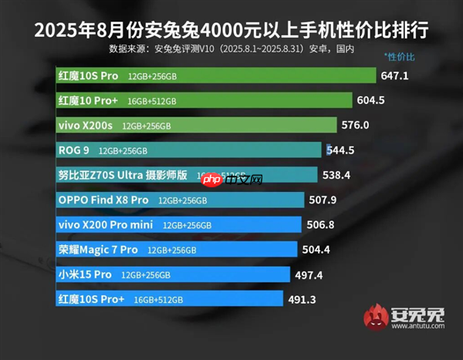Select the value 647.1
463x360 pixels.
[395, 76]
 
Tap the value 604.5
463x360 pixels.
[370, 100]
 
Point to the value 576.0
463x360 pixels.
[356, 125]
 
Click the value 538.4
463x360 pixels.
[336, 175]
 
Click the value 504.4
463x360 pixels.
[316, 249]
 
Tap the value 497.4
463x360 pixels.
[309, 274]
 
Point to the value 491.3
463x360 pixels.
[305, 298]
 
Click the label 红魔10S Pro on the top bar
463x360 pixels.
[87, 76]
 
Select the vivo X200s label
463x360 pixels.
[86, 125]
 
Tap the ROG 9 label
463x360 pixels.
[73, 150]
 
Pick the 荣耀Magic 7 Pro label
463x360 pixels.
[98, 249]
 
